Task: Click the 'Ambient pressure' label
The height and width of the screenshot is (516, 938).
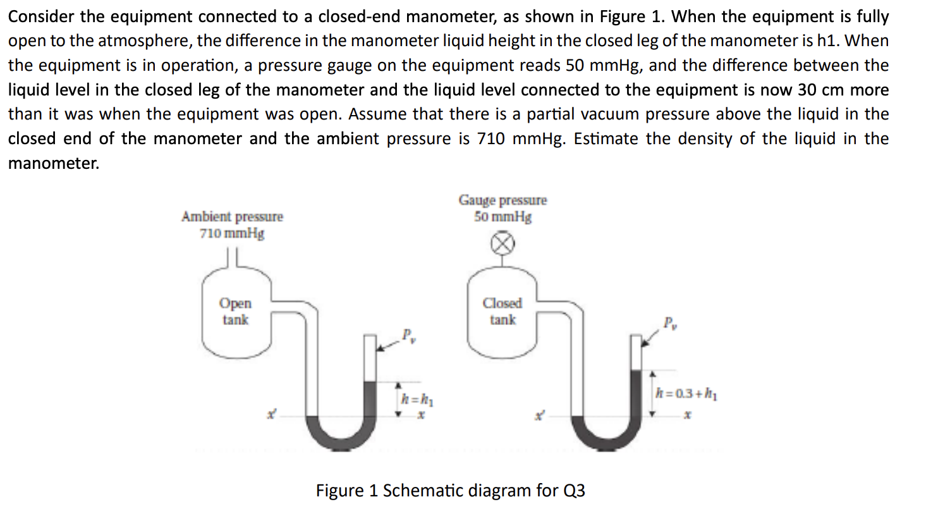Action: tap(232, 216)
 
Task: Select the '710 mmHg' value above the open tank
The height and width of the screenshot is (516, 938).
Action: tap(232, 233)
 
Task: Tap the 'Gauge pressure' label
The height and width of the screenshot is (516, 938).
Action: tap(502, 200)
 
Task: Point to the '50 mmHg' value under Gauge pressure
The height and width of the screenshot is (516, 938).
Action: tap(502, 217)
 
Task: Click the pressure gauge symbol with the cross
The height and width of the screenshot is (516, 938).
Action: tap(502, 243)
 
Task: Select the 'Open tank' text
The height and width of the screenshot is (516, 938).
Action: tap(235, 311)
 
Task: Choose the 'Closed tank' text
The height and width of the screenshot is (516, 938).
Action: tap(502, 311)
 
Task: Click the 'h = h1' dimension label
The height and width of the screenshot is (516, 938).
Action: tap(417, 399)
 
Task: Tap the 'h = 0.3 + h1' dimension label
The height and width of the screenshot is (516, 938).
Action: tap(686, 394)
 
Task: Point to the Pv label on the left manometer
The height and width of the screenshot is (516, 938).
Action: tap(408, 335)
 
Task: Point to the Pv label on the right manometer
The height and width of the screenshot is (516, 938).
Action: tap(670, 322)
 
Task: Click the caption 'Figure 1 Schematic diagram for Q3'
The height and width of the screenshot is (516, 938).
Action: tap(450, 491)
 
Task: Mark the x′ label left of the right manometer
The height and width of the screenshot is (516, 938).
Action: tap(539, 415)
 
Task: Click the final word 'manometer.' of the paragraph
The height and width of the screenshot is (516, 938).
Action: tap(54, 163)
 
